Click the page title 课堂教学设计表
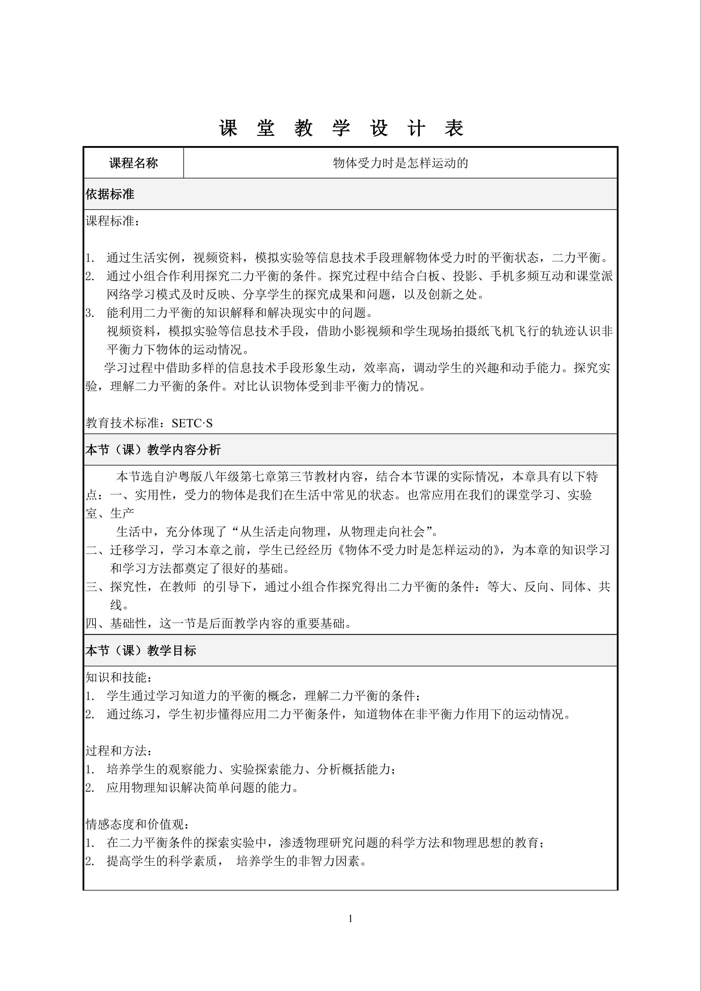[x=341, y=128]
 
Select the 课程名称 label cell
[x=133, y=163]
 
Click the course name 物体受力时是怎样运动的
[x=400, y=163]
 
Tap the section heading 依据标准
[x=110, y=194]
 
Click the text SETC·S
[x=192, y=423]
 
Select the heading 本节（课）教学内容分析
[x=153, y=450]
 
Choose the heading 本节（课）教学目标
[x=141, y=651]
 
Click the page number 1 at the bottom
[x=350, y=919]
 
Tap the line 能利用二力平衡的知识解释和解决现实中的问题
[x=240, y=312]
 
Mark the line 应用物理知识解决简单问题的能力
[x=203, y=788]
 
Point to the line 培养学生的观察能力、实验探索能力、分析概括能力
[x=251, y=769]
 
